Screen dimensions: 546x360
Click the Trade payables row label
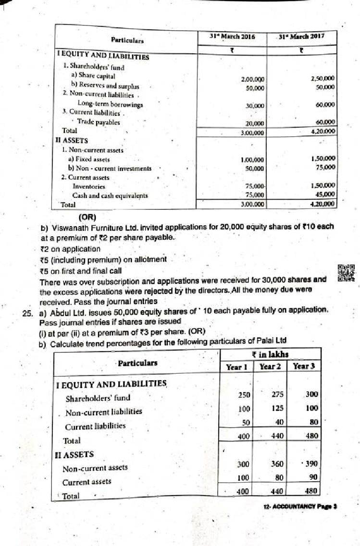click(x=99, y=122)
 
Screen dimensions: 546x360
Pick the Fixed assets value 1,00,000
click(x=252, y=160)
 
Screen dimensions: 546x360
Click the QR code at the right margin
click(x=346, y=272)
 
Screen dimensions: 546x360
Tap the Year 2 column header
click(x=270, y=366)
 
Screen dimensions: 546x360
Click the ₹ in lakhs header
click(x=270, y=354)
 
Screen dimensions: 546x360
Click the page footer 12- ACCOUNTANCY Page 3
click(x=300, y=506)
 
